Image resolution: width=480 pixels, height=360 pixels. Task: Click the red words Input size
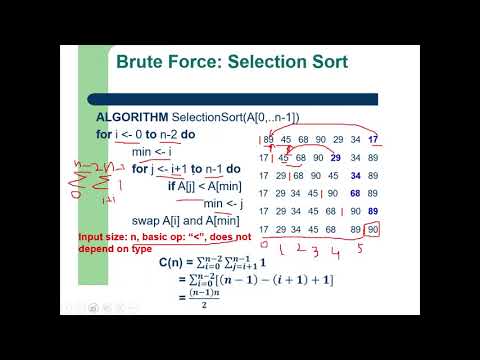(103, 236)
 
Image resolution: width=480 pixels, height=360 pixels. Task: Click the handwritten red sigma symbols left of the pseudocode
(90, 181)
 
